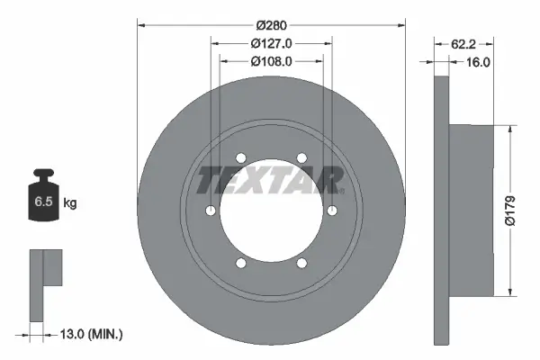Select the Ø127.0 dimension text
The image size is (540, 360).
(271, 42)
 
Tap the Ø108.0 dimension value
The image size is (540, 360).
(271, 62)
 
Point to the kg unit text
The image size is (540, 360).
(70, 203)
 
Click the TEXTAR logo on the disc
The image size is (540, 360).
(271, 181)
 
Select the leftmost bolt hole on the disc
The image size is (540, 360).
(210, 211)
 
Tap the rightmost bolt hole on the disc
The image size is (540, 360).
(333, 211)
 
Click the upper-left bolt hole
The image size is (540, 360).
(240, 158)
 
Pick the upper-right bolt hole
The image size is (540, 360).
(301, 158)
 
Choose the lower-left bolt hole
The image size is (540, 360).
(240, 264)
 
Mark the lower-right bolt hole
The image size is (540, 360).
(301, 264)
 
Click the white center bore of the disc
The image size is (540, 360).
(271, 212)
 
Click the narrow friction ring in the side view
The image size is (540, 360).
(441, 210)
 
